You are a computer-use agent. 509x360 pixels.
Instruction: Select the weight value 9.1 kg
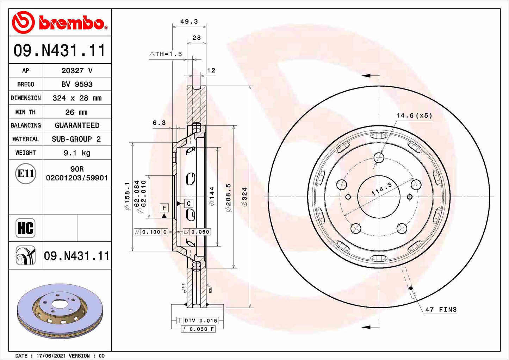point(77,153)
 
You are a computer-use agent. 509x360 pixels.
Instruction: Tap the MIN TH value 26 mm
point(76,112)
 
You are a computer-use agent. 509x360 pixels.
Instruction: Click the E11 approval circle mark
point(26,173)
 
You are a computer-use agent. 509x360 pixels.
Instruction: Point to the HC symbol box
point(25,228)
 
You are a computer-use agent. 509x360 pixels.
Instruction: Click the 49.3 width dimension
point(189,21)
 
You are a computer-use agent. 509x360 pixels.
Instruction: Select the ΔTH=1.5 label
point(166,54)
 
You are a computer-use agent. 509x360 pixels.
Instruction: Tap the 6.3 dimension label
point(159,123)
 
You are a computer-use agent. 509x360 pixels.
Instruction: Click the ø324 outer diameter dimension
point(244,197)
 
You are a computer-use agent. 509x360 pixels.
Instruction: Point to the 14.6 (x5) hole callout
point(414,116)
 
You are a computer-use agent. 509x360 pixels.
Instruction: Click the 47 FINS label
point(441,310)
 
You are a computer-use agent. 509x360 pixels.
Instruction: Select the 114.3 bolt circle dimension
point(382,189)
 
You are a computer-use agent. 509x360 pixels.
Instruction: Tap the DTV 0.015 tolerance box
point(198,321)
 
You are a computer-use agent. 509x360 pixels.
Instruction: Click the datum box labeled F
point(164,208)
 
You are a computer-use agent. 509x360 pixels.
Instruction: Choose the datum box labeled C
point(189,204)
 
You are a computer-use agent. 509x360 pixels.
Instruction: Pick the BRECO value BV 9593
point(77,85)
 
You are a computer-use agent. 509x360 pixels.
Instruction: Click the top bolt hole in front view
point(379,157)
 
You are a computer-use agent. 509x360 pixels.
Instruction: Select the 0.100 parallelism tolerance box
point(151,232)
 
